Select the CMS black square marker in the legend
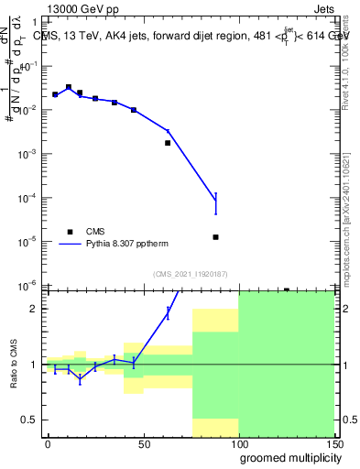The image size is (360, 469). click(x=69, y=232)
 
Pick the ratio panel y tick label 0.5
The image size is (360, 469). click(x=29, y=420)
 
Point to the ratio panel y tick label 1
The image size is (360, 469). click(x=33, y=365)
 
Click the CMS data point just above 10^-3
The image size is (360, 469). click(x=168, y=143)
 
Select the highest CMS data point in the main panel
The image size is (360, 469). click(x=69, y=87)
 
